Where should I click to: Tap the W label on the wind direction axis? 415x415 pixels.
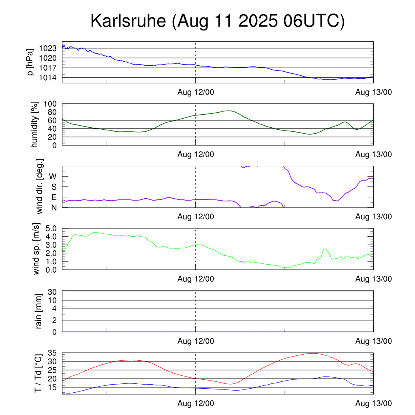click(53, 177)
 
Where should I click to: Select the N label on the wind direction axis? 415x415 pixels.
click(53, 207)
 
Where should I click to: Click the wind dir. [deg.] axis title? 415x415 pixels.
click(40, 186)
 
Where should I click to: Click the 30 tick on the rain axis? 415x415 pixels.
click(53, 292)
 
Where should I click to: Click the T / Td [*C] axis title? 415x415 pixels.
click(38, 373)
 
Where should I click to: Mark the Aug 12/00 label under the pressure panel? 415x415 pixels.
click(196, 92)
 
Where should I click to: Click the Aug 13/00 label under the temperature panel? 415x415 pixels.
click(373, 404)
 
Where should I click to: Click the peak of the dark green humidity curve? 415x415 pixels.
click(229, 111)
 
